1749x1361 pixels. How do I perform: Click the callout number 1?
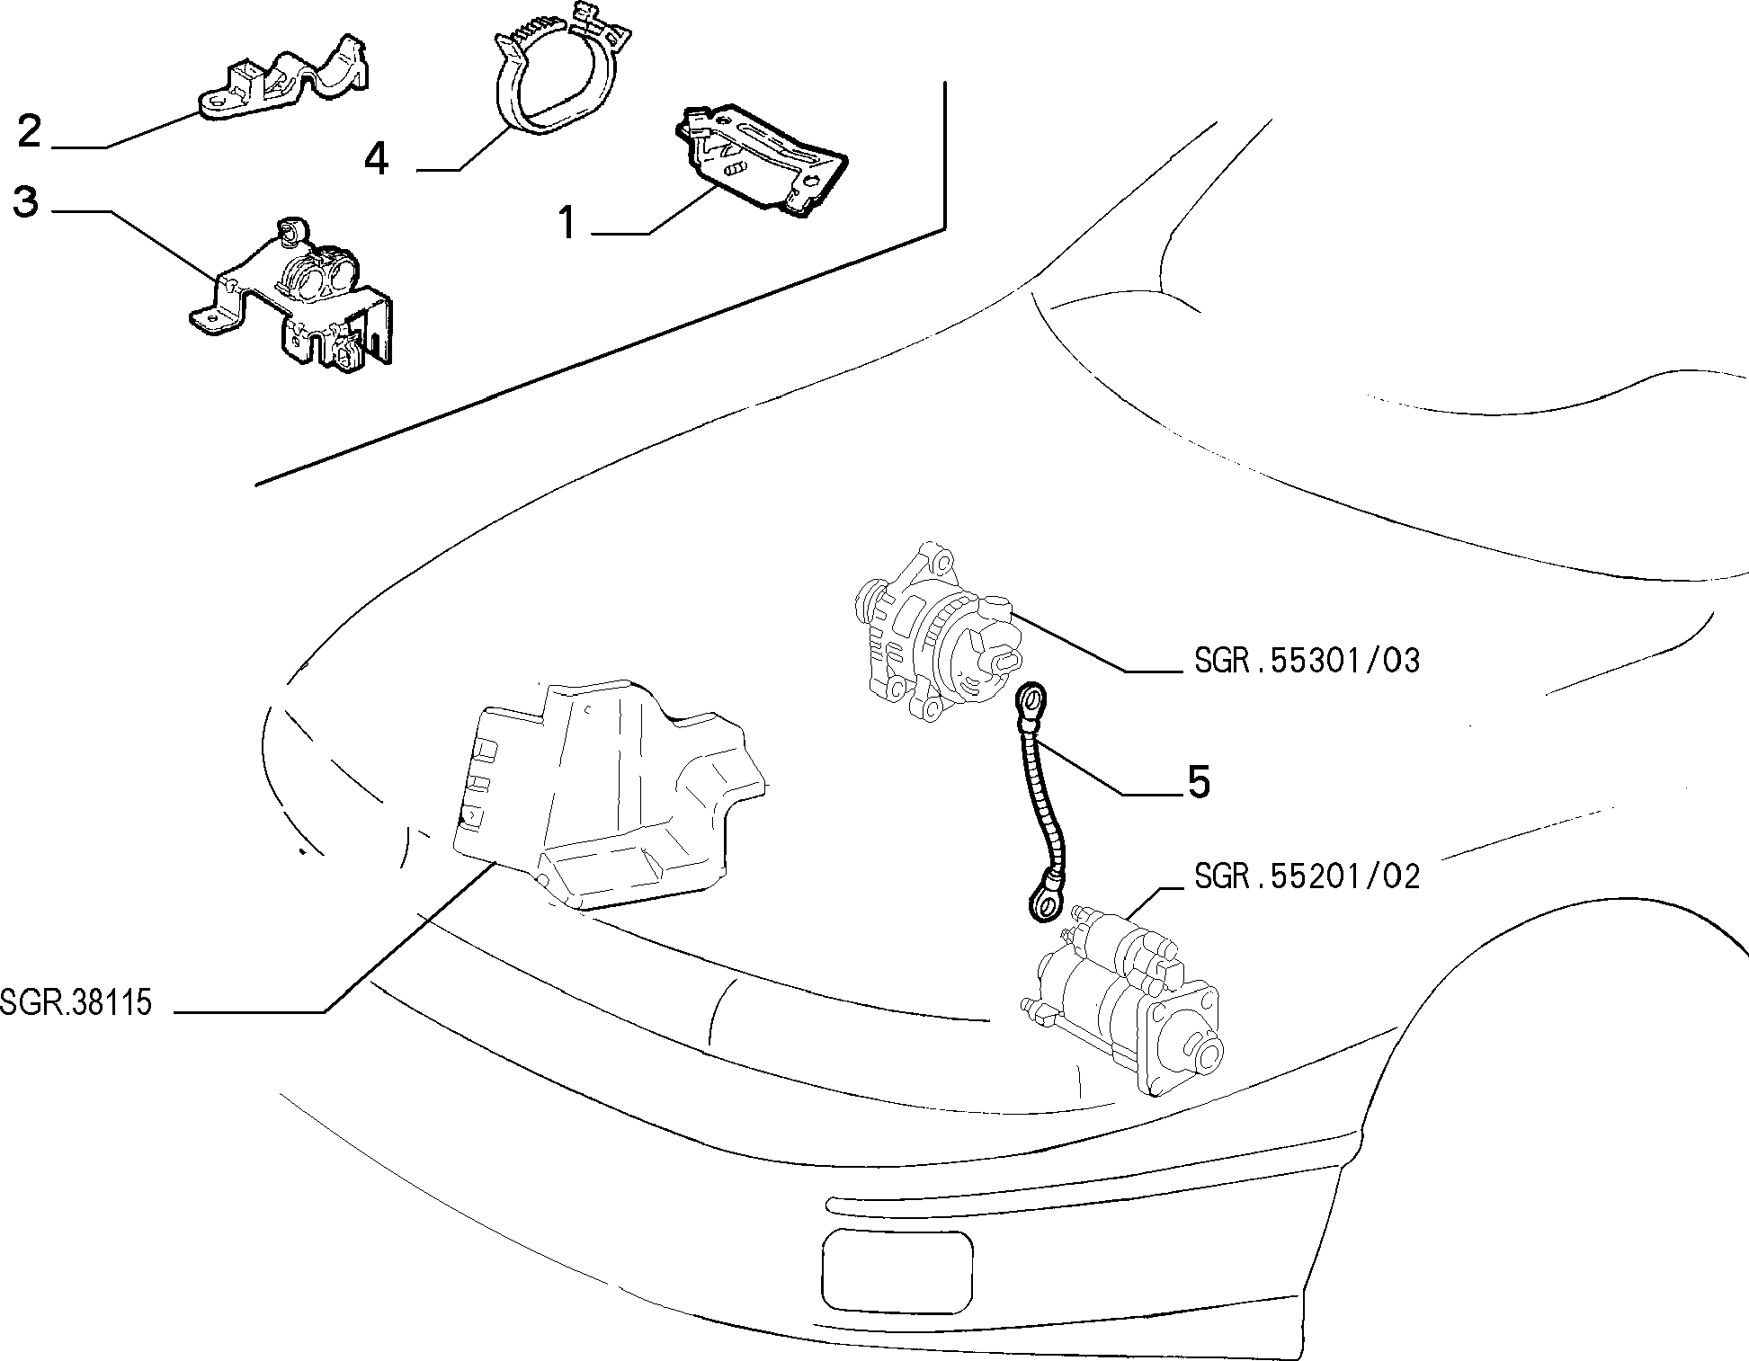point(567,222)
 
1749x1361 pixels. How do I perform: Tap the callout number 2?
point(30,131)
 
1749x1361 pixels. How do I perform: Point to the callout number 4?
point(377,159)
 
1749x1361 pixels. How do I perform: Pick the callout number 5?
point(1199,782)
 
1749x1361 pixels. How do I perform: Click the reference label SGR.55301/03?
point(1307,662)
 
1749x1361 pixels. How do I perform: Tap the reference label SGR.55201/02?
point(1307,876)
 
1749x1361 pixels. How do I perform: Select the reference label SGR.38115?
point(76,1001)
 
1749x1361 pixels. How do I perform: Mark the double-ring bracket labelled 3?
point(297,297)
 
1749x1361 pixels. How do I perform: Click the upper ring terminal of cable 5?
point(1032,698)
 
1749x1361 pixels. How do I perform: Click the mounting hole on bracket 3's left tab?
point(210,318)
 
